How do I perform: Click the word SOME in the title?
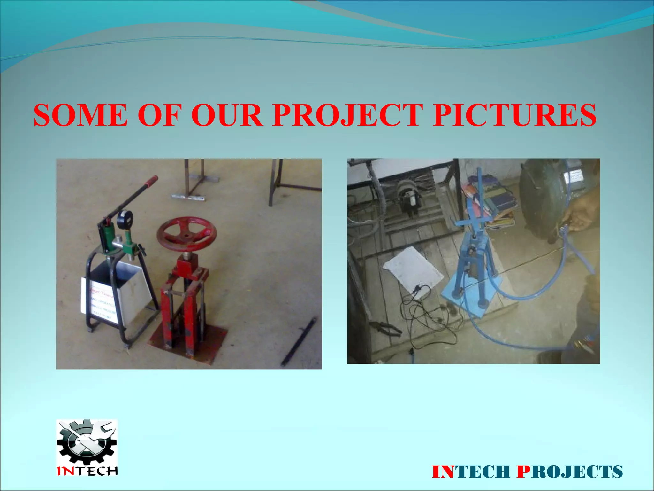[x=80, y=115]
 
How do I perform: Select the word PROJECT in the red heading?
[x=347, y=115]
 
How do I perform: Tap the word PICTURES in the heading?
[x=514, y=115]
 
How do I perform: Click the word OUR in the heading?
[x=227, y=115]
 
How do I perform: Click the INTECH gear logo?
[x=87, y=448]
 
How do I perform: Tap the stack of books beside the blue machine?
[x=498, y=205]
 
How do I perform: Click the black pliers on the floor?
[x=386, y=329]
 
